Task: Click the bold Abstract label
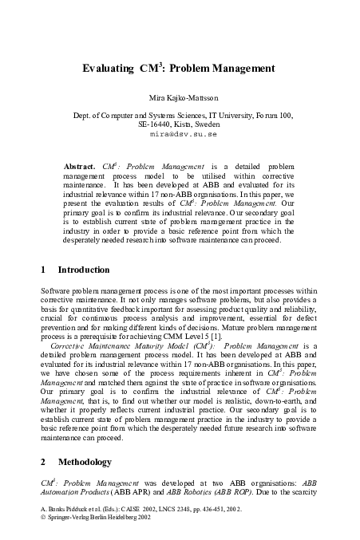pos(78,165)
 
